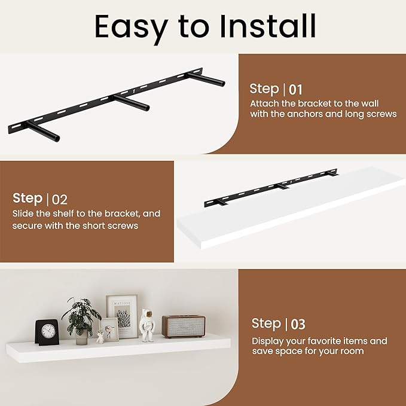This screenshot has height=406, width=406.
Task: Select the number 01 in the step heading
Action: pos(295,90)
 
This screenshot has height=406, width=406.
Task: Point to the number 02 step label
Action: pos(60,200)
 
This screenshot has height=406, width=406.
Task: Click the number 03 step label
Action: pos(298,325)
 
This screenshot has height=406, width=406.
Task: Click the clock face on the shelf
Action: pos(48,331)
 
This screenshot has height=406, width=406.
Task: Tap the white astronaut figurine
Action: pos(147,325)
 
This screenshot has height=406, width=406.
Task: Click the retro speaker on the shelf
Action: pos(184,326)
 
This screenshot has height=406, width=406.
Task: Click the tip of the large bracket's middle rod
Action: pos(147,108)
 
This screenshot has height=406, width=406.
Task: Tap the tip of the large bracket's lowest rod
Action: pos(57,138)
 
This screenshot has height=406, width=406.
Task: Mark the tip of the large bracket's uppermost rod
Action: pos(222,83)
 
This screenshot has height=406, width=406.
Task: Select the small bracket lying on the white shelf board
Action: pos(271,187)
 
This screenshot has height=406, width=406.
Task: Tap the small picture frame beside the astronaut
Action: pos(109,329)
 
